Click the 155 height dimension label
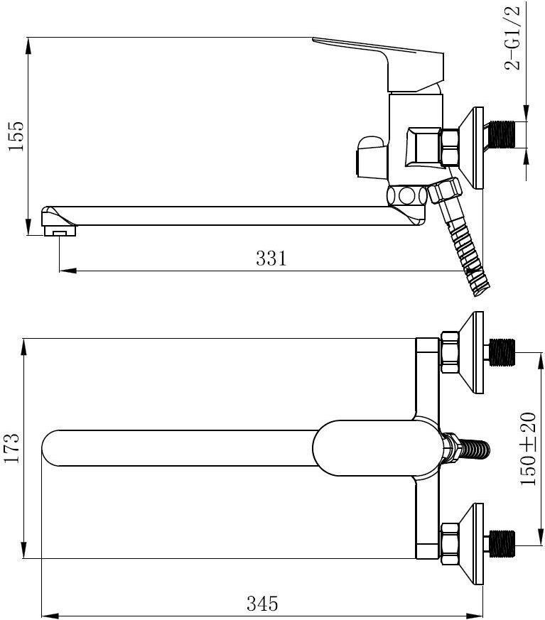pyautogui.click(x=16, y=136)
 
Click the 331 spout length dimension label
pyautogui.click(x=271, y=259)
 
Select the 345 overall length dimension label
pyautogui.click(x=262, y=604)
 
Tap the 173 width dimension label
pyautogui.click(x=11, y=448)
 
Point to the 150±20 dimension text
pyautogui.click(x=528, y=449)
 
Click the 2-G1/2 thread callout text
pyautogui.click(x=512, y=38)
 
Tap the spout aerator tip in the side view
pyautogui.click(x=59, y=231)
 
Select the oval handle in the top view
pyautogui.click(x=376, y=448)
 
